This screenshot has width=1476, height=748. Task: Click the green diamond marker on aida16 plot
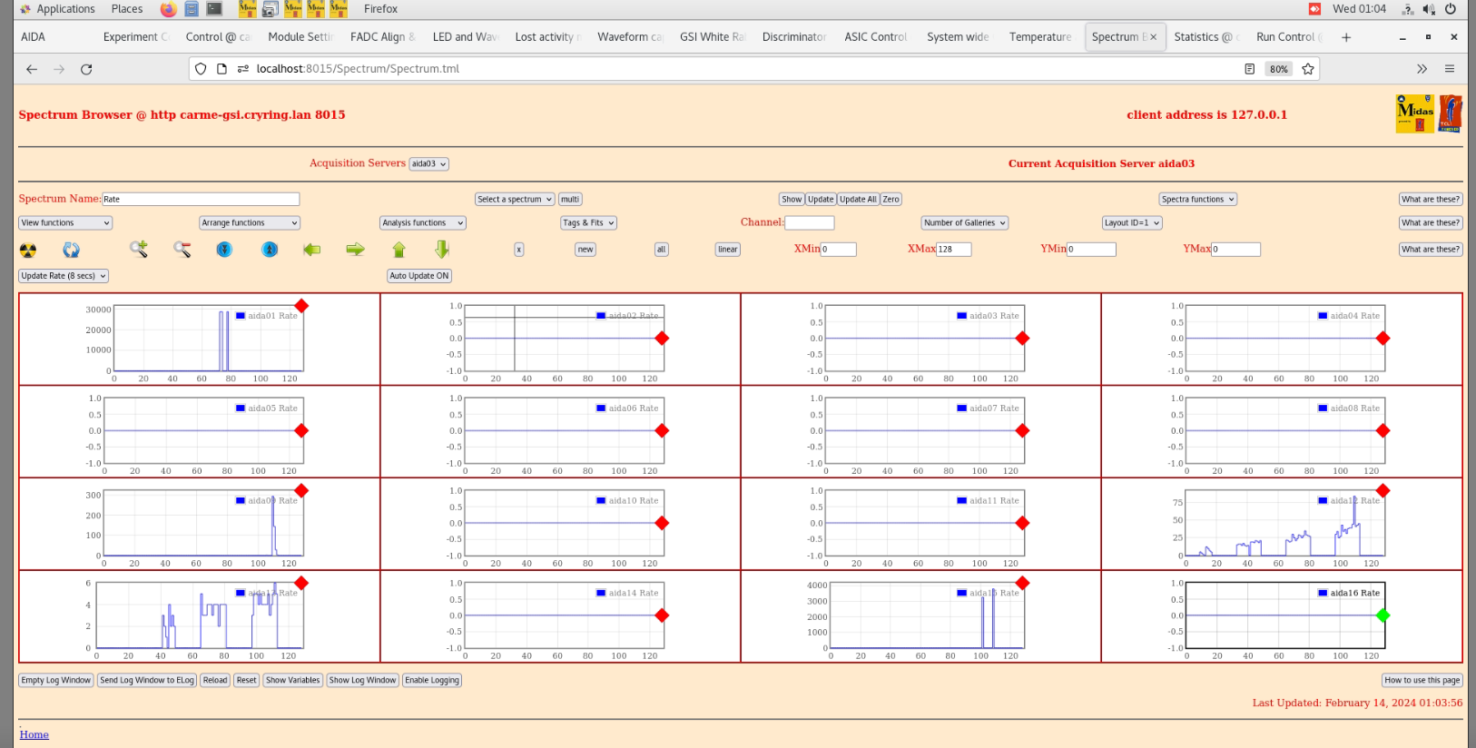(1383, 615)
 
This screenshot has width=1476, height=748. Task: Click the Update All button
(858, 200)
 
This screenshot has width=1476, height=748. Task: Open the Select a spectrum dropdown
(514, 200)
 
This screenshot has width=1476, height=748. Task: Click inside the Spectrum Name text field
(200, 200)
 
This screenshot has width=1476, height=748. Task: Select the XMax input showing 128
(953, 250)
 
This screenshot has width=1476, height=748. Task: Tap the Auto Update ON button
(419, 276)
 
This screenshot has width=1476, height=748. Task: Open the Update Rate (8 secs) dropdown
(64, 276)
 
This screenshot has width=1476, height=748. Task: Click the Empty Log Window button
(56, 680)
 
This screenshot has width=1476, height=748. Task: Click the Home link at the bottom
(34, 734)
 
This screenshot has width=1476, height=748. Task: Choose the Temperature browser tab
(1040, 37)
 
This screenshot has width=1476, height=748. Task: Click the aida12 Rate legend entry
(1349, 501)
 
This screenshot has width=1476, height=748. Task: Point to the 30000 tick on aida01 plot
(98, 310)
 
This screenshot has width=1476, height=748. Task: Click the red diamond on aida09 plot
(301, 491)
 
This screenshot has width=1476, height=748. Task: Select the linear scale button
(727, 250)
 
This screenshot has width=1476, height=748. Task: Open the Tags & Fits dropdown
(588, 223)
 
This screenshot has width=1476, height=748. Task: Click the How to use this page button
(1422, 680)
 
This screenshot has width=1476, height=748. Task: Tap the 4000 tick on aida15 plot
(817, 586)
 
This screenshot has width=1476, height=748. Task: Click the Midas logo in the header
(1414, 113)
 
